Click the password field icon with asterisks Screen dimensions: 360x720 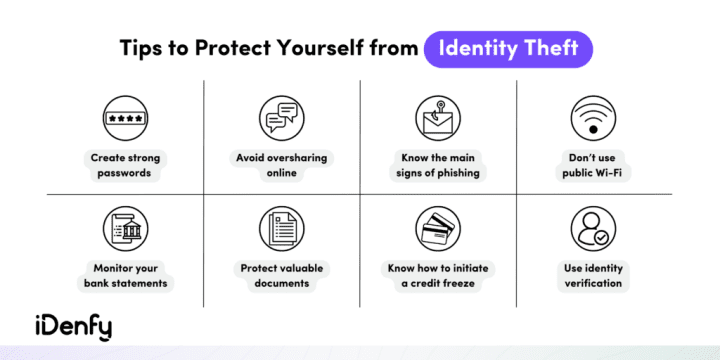pyautogui.click(x=125, y=118)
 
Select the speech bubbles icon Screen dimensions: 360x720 pyautogui.click(x=280, y=118)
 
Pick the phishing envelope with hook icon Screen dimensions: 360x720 pyautogui.click(x=436, y=118)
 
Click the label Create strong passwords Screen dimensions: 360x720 pyautogui.click(x=125, y=164)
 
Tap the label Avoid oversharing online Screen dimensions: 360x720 pyautogui.click(x=281, y=164)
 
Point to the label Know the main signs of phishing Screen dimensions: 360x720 pyautogui.click(x=436, y=164)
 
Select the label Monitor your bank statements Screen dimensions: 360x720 pyautogui.click(x=125, y=275)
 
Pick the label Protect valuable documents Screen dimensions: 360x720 pyautogui.click(x=281, y=275)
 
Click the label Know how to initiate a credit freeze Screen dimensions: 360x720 pyautogui.click(x=436, y=275)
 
